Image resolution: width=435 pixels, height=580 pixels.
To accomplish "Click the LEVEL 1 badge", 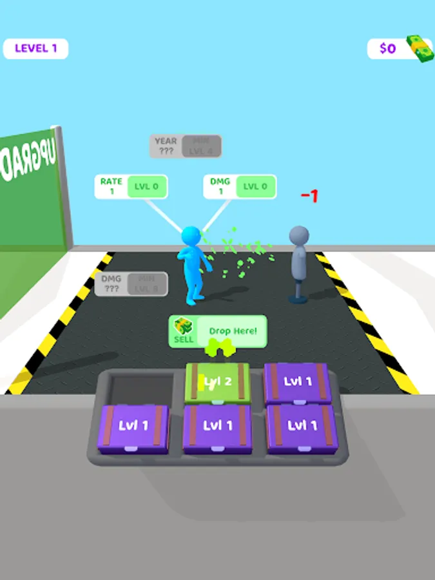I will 35,48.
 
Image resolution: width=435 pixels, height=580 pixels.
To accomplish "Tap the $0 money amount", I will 387,48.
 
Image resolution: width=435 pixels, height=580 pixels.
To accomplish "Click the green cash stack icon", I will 420,48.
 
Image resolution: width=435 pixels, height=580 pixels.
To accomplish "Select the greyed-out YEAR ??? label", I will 166,146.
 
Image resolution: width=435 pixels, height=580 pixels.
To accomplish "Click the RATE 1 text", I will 111,186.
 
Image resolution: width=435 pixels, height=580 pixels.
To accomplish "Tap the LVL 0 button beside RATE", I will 148,187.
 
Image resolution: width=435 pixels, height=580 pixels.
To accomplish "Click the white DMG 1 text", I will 220,186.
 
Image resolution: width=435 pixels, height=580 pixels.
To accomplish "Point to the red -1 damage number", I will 309,196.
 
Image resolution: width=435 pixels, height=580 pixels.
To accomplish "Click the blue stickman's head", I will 191,236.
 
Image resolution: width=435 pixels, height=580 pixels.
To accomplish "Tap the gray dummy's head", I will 298,236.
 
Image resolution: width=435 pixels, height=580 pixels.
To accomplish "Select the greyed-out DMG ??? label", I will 111,284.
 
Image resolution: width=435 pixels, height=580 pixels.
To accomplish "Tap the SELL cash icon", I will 184,327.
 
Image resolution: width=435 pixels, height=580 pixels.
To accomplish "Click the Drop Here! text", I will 233,331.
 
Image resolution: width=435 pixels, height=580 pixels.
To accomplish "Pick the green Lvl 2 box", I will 218,382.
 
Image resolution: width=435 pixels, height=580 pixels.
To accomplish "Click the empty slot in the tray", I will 136,388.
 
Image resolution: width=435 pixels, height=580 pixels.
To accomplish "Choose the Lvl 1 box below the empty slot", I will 134,426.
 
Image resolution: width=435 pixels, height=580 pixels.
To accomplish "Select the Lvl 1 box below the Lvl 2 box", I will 217,426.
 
